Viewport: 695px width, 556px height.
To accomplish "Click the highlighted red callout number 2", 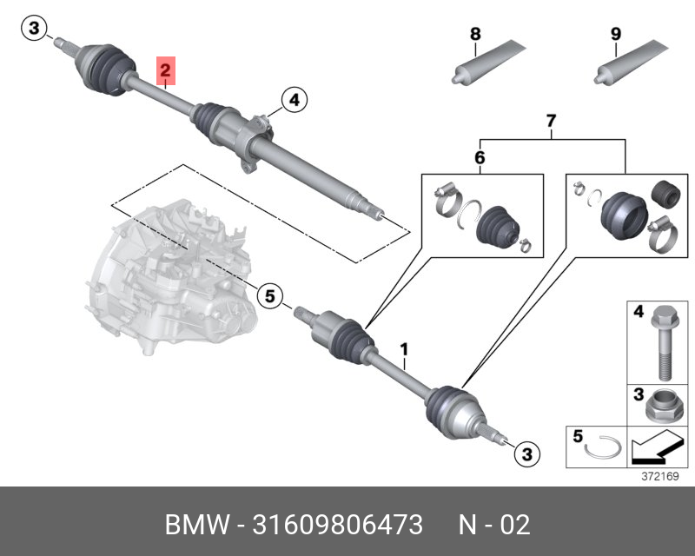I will pyautogui.click(x=166, y=69).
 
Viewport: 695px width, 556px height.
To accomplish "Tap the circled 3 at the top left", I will pyautogui.click(x=33, y=30).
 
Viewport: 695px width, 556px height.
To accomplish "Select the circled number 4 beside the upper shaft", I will pyautogui.click(x=294, y=101).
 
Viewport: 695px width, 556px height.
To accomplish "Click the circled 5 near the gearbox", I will pyautogui.click(x=269, y=297).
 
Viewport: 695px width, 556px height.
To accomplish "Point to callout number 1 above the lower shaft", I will pyautogui.click(x=404, y=349).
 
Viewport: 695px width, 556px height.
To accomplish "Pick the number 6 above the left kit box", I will pyautogui.click(x=480, y=158).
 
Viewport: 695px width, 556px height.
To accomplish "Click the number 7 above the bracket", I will pyautogui.click(x=550, y=121).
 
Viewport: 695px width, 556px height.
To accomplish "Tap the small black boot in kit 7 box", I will pyautogui.click(x=665, y=192).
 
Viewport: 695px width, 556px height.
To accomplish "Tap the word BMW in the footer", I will pyautogui.click(x=194, y=525).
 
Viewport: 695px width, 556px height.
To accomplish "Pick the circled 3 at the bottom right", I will pyautogui.click(x=525, y=453).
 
